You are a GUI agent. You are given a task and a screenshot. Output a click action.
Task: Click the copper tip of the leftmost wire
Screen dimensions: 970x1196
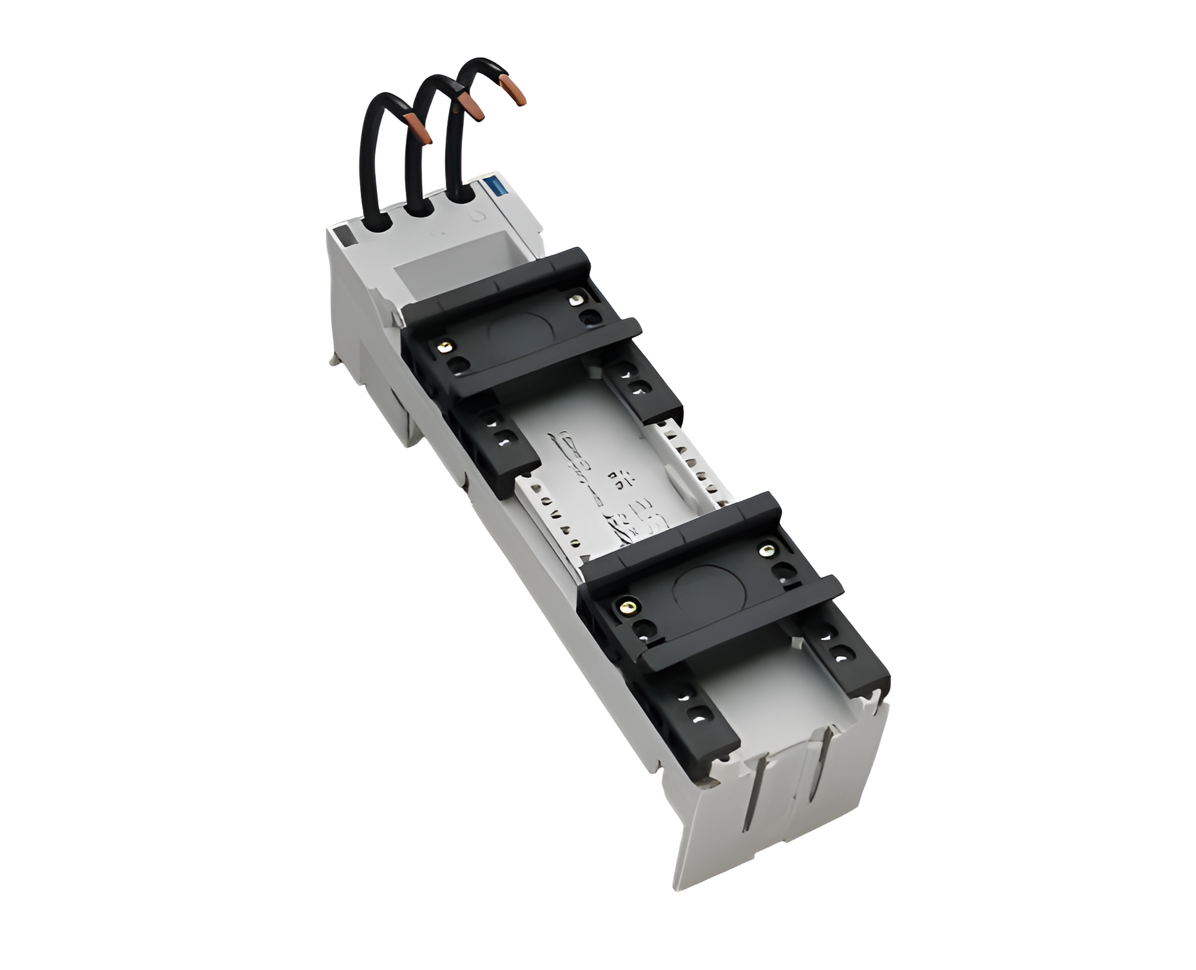418,128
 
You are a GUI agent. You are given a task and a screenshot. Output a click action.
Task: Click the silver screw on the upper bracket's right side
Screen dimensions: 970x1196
575,300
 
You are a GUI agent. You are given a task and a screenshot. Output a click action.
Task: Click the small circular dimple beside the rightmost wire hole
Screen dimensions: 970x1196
478,216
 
